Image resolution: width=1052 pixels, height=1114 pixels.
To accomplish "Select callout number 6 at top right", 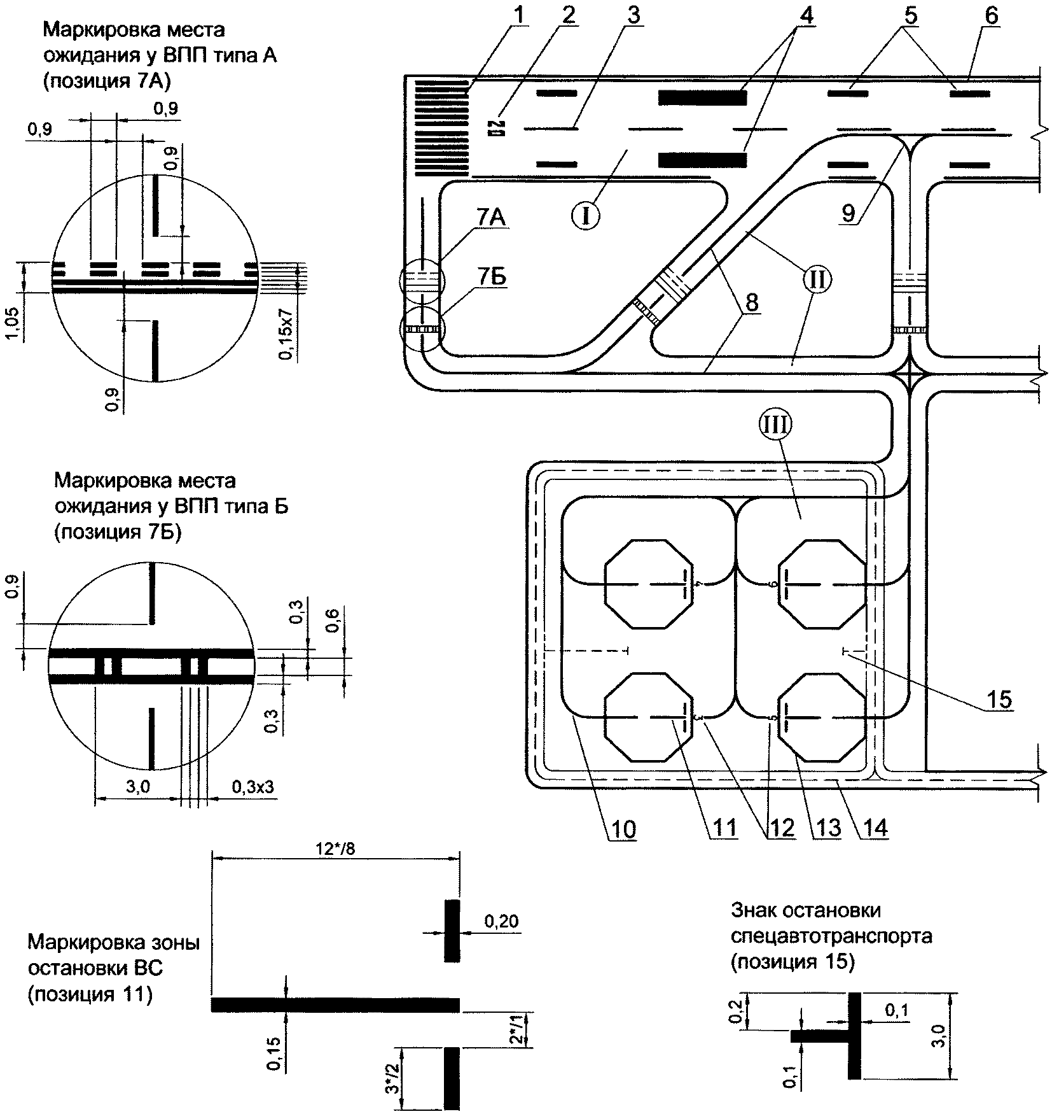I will pyautogui.click(x=991, y=15).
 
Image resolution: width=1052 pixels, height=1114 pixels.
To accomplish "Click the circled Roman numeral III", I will pyautogui.click(x=780, y=424).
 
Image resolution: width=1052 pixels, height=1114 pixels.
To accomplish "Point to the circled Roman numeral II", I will pyautogui.click(x=817, y=279).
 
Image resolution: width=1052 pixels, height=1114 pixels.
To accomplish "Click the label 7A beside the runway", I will pyautogui.click(x=488, y=218).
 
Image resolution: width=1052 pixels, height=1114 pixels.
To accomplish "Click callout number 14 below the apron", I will pyautogui.click(x=873, y=828).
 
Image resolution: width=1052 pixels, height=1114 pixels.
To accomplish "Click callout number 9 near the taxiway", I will pyautogui.click(x=848, y=213).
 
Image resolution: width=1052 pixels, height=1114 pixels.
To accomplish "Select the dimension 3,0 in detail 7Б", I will pyautogui.click(x=137, y=787).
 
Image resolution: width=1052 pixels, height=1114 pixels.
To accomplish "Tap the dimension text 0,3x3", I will pyautogui.click(x=253, y=787).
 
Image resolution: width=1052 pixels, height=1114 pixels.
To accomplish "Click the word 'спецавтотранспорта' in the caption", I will pyautogui.click(x=831, y=936).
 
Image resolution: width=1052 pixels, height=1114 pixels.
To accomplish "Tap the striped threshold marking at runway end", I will pyautogui.click(x=441, y=127).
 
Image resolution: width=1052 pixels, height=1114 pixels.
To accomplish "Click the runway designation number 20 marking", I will pyautogui.click(x=496, y=129).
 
